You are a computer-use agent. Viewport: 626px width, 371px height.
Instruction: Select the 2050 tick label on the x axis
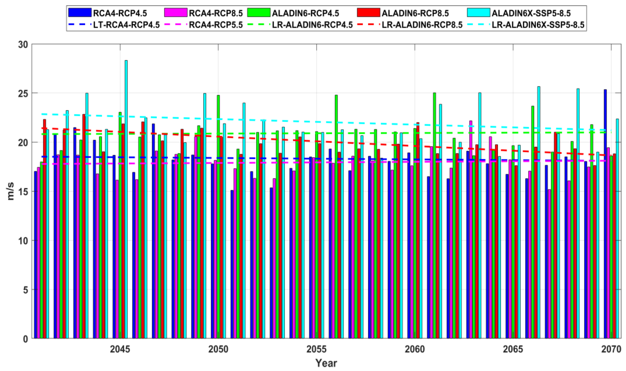218,349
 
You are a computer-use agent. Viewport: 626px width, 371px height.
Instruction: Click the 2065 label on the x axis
513,349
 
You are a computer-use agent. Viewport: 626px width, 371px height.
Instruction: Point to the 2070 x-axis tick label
611,349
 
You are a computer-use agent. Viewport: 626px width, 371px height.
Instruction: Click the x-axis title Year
326,363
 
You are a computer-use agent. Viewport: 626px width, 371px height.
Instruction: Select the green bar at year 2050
218,215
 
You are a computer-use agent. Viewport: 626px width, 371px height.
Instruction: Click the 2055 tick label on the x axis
316,349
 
